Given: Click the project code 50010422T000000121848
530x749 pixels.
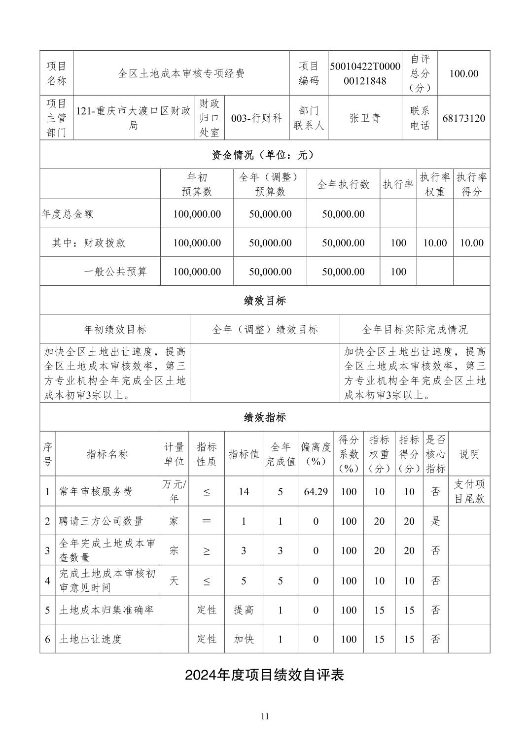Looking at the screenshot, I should pos(365,73).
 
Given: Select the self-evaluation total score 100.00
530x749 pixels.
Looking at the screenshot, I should pos(463,73).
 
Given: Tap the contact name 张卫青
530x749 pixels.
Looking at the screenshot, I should pos(365,118).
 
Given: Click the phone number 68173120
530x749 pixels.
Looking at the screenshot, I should pos(463,118).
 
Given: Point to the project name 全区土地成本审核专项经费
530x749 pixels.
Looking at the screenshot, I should pos(181,73).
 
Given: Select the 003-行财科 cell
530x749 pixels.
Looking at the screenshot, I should pos(256,118).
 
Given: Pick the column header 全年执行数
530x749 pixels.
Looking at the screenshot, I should pos(343,184).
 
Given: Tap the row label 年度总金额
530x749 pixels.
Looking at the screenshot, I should pos(68,214).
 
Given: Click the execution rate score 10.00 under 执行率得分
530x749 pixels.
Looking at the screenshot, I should pos(471,242).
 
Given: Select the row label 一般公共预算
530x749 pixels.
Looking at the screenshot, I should pos(115,272).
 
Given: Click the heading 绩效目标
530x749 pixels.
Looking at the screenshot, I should pos(264,301).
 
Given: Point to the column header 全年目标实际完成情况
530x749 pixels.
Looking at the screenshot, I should pos(414,329).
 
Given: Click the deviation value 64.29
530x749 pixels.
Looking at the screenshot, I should pos(316,491).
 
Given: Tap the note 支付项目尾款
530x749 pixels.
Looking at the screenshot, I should pos(469,491).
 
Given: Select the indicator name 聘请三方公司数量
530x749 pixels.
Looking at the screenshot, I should pos(101,521).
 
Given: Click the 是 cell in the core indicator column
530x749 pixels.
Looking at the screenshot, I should pos(435,521).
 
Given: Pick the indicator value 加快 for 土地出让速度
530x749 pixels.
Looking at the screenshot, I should pos(244,639).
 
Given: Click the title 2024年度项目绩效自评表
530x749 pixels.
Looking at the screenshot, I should pos(264,675).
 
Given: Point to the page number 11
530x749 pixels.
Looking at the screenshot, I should pos(265,716).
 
